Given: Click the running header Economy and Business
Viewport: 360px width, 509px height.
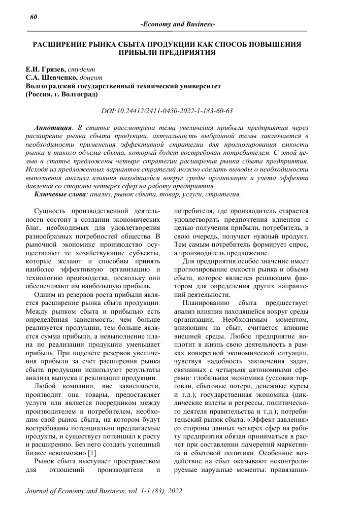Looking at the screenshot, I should pyautogui.click(x=177, y=25).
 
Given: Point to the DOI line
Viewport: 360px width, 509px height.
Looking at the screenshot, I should pyautogui.click(x=167, y=110).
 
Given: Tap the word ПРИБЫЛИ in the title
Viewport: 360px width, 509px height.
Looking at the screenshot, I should pyautogui.click(x=136, y=52).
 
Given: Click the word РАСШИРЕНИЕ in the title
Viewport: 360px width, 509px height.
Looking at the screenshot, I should pyautogui.click(x=60, y=44).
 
